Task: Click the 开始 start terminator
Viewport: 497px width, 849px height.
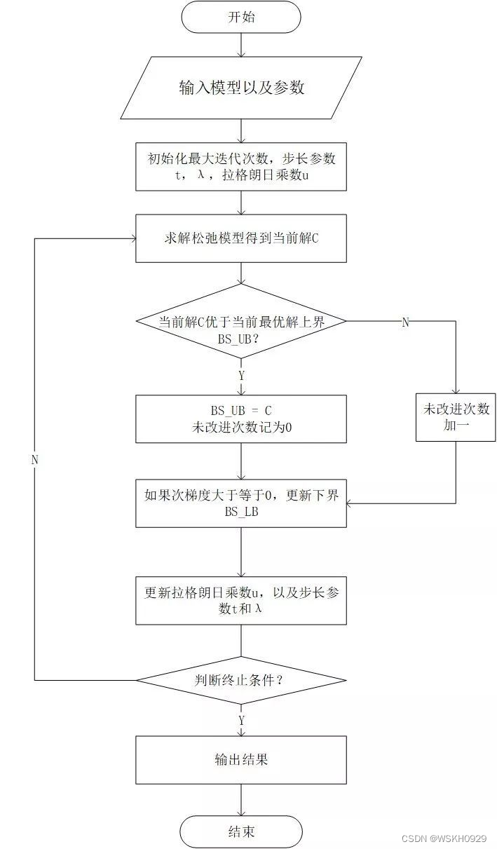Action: [240, 17]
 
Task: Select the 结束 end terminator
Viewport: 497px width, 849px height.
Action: [240, 832]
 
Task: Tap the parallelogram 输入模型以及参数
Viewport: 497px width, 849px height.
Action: [240, 88]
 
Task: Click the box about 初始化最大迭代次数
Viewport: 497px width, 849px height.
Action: [240, 166]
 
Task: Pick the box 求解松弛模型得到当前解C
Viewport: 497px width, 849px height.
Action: [240, 238]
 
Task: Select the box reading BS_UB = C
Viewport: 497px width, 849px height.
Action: [240, 419]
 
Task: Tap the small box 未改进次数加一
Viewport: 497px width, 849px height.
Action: [456, 417]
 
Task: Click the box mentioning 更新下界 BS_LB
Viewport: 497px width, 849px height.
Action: [240, 503]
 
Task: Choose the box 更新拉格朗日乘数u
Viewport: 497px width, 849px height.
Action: [240, 600]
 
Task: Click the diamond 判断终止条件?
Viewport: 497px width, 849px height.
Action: [240, 679]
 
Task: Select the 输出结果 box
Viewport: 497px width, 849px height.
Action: [240, 759]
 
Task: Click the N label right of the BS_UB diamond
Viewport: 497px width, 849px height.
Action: [404, 322]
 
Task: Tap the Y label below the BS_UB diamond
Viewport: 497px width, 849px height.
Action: [242, 375]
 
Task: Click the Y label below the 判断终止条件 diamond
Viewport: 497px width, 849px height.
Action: [242, 720]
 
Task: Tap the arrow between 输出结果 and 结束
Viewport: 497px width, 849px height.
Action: [240, 799]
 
